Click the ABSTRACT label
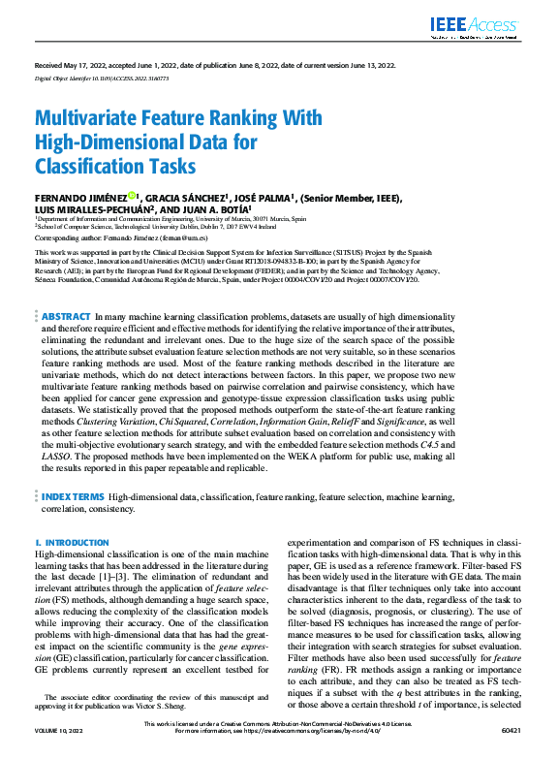[x=66, y=289]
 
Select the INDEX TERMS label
[x=73, y=496]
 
